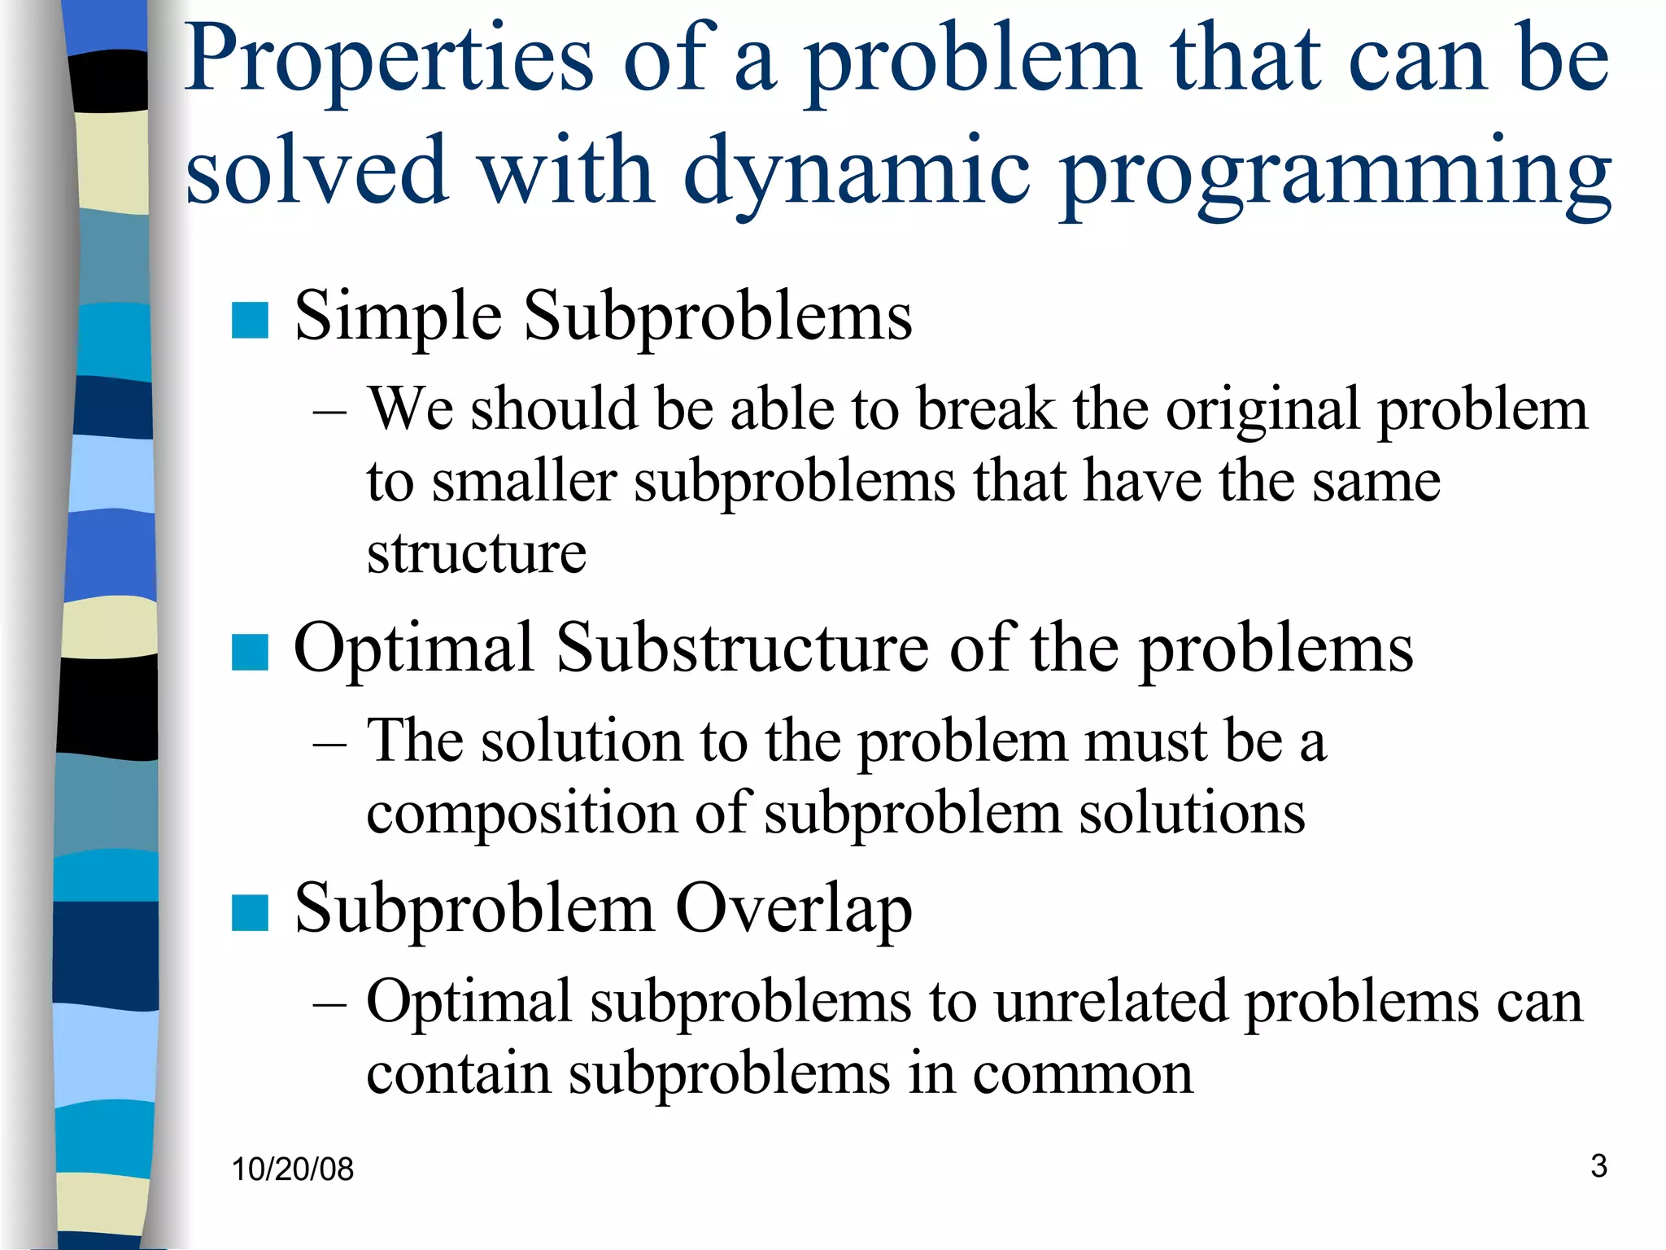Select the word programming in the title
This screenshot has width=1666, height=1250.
(1336, 173)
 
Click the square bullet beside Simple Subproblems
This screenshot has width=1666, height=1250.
(250, 320)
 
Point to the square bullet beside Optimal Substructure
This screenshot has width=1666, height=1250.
(250, 652)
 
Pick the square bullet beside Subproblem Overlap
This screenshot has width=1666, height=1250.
(250, 912)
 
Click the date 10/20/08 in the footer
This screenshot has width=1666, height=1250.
(292, 1169)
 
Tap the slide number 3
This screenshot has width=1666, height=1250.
(1598, 1166)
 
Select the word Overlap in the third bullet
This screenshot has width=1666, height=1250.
(793, 909)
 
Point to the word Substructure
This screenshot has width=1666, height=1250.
(742, 649)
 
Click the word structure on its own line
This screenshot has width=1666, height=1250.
(476, 553)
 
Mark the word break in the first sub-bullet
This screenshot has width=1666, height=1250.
(985, 409)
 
